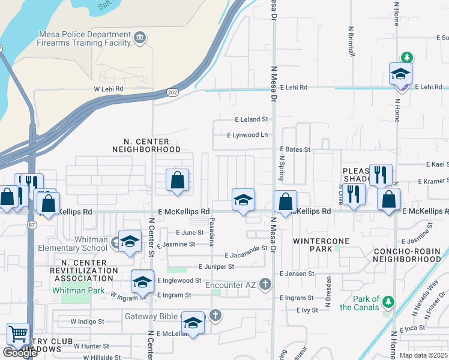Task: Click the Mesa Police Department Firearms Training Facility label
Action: (x=84, y=38)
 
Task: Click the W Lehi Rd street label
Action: (x=108, y=89)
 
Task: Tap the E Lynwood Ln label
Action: (x=247, y=135)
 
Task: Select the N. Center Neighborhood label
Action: (x=146, y=145)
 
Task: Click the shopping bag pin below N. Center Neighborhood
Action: (x=177, y=180)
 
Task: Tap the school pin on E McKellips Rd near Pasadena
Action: (x=243, y=200)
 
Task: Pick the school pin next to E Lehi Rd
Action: (x=400, y=74)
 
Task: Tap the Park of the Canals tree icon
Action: (x=388, y=300)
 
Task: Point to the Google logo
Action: (x=20, y=353)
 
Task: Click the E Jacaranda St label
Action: (x=245, y=256)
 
